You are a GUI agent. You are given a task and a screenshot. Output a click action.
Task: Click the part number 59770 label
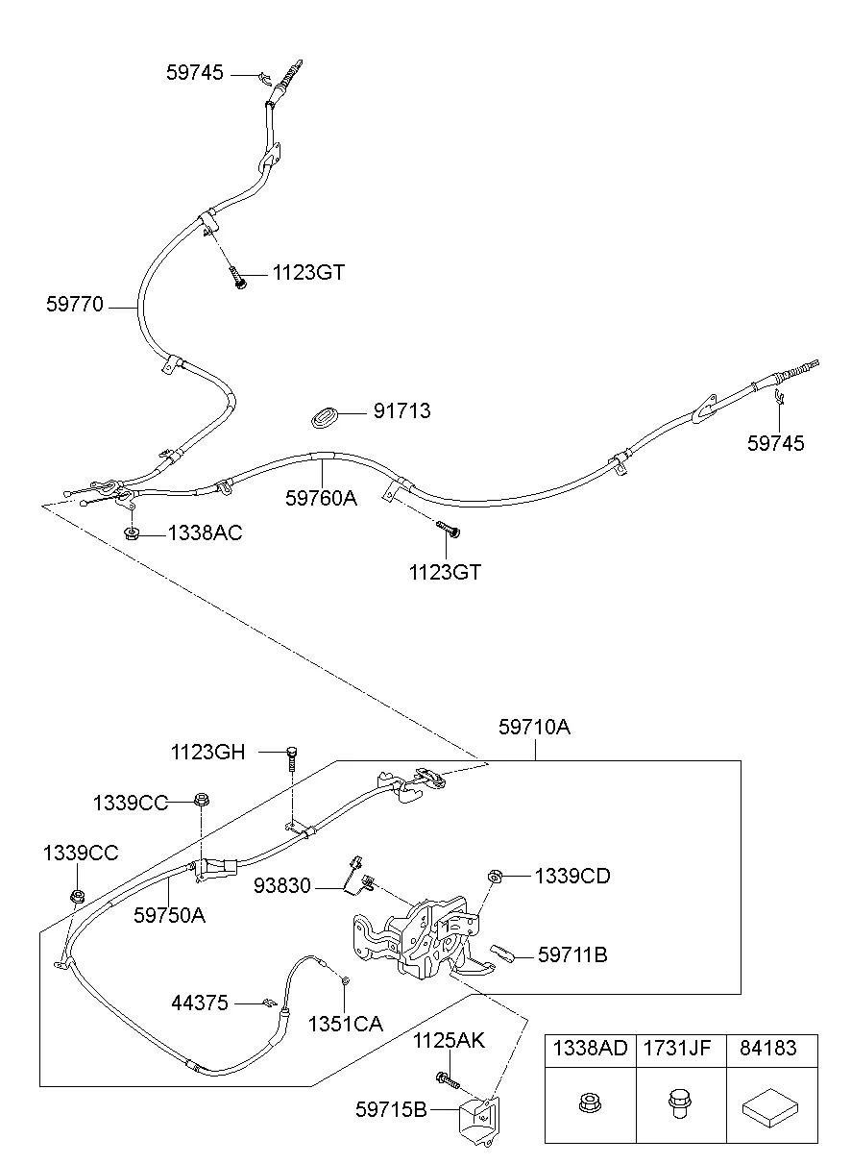(x=75, y=306)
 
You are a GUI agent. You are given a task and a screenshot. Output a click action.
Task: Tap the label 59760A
(x=320, y=498)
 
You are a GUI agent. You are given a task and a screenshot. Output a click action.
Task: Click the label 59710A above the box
(x=534, y=728)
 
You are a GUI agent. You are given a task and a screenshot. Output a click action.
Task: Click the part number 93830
(x=282, y=885)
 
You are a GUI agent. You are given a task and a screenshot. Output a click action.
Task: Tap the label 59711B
(x=572, y=954)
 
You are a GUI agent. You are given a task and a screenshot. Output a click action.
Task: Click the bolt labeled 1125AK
(x=447, y=1080)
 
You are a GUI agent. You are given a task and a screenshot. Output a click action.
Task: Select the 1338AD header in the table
(x=590, y=1049)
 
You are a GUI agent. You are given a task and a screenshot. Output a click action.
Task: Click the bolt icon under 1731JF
(x=676, y=1105)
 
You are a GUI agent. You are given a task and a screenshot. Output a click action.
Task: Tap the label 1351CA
(x=345, y=1025)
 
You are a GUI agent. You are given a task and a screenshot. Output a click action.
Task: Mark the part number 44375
(x=200, y=1003)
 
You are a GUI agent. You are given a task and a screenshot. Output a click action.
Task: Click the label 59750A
(x=169, y=915)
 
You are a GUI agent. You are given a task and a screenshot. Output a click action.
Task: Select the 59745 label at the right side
(x=776, y=443)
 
